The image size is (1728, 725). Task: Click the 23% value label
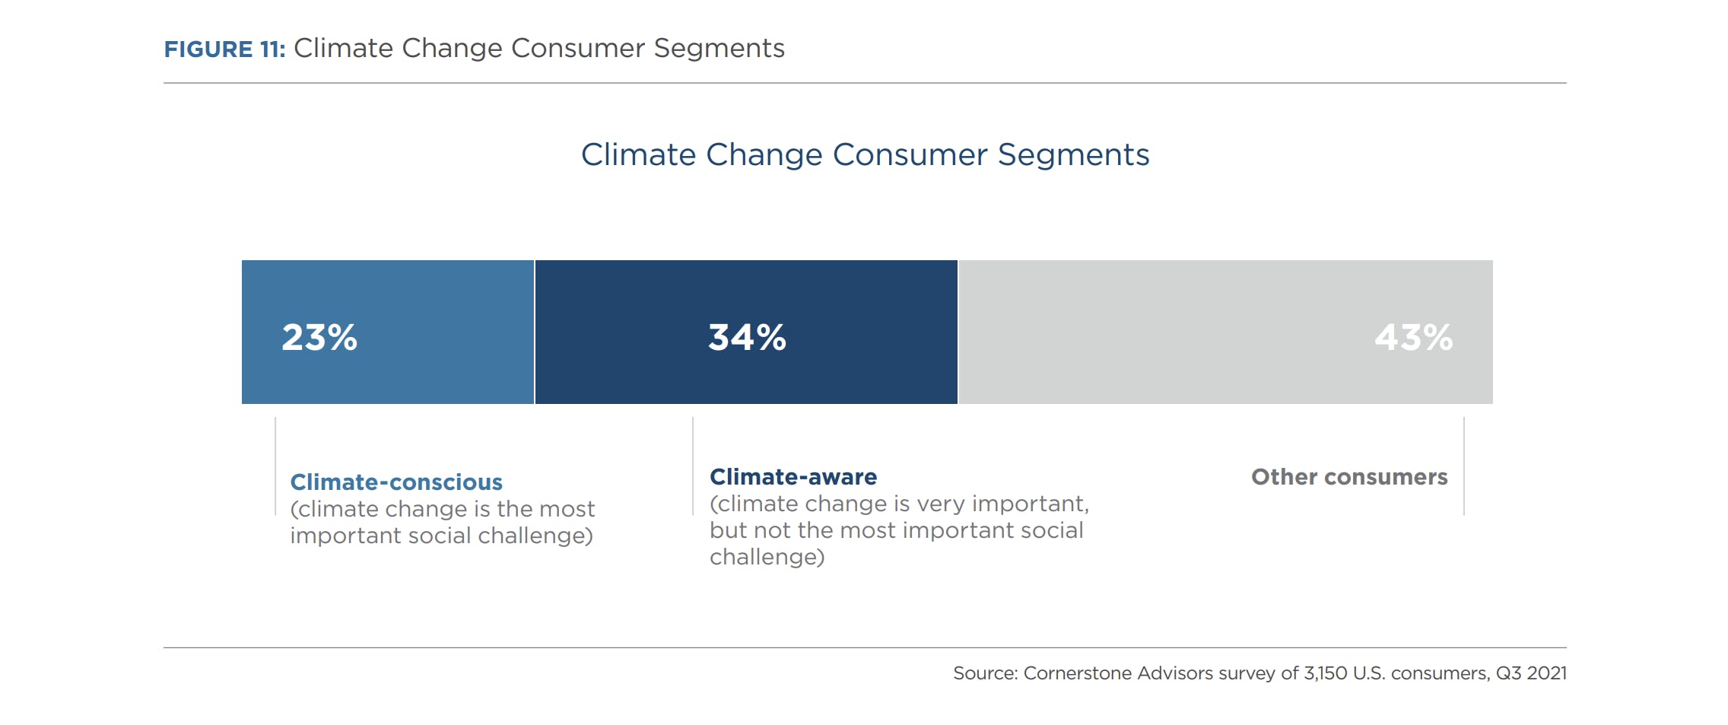click(x=319, y=337)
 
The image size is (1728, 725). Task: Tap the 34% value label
click(x=747, y=337)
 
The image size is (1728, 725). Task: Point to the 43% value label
click(x=1413, y=337)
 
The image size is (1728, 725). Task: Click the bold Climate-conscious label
click(x=396, y=482)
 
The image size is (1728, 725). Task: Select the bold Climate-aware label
click(x=793, y=477)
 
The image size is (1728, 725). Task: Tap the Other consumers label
click(x=1349, y=477)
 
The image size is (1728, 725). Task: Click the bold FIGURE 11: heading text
click(x=224, y=49)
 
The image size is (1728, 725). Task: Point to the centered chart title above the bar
click(x=865, y=154)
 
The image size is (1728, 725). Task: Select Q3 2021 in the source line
click(x=1530, y=673)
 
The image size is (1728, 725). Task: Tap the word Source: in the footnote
click(x=985, y=673)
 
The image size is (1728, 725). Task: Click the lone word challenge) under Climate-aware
click(x=767, y=557)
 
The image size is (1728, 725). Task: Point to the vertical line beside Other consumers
click(x=1463, y=466)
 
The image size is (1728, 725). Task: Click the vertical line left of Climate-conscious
click(x=275, y=466)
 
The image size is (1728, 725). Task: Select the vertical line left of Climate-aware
click(x=693, y=466)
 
